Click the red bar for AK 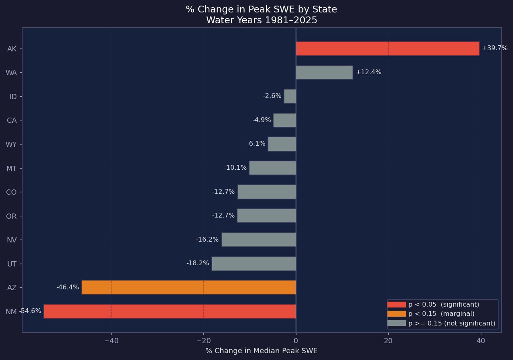387,49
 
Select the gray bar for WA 324,73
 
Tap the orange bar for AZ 189,287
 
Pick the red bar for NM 170,311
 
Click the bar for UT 253,264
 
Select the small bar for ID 290,96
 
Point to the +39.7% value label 495,48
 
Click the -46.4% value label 67,287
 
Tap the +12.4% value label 368,72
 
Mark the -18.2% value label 197,263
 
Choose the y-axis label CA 11,120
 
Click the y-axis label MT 11,168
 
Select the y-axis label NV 11,240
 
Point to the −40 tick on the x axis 111,341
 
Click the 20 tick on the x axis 388,341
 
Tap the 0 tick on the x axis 296,341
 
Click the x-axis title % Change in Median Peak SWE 261,351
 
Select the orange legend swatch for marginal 396,313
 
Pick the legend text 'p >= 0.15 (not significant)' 452,323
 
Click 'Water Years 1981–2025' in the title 261,20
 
